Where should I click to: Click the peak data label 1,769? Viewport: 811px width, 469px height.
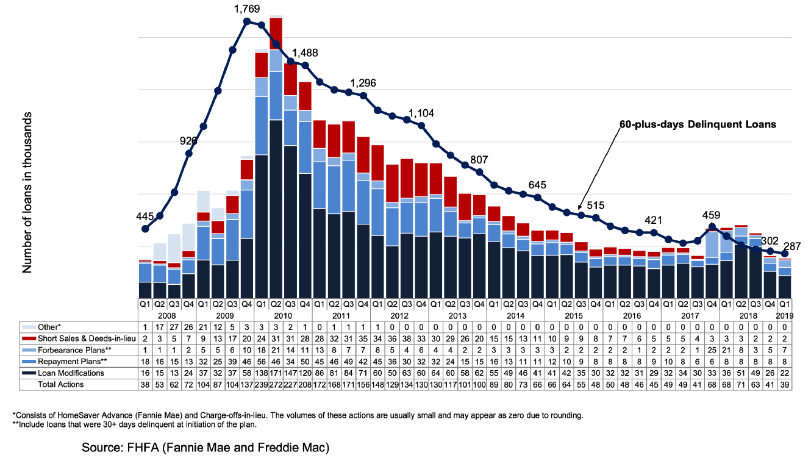[247, 9]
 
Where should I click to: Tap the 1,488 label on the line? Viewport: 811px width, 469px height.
[305, 53]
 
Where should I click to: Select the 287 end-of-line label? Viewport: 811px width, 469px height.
[792, 246]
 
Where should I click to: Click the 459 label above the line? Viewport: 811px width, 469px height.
[712, 215]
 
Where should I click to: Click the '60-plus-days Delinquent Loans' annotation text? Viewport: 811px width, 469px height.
[698, 124]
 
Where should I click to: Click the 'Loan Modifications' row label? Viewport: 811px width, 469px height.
[71, 373]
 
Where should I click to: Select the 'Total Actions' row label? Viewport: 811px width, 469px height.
[62, 384]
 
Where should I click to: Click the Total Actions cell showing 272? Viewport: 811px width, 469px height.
[275, 384]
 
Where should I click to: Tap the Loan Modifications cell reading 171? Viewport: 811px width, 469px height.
[275, 373]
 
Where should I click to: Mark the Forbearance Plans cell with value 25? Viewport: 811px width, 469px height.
[712, 350]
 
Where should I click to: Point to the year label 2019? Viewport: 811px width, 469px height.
[785, 315]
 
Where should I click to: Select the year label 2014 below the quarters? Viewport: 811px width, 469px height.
[515, 315]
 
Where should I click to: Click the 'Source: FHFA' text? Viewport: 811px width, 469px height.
[205, 448]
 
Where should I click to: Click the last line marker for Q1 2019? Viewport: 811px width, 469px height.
[785, 253]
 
